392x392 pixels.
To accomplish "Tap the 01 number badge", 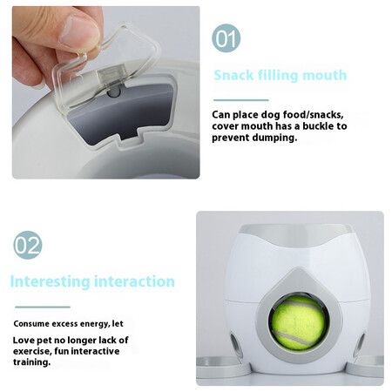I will tap(226, 38).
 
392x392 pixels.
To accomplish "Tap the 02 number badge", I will tap(27, 245).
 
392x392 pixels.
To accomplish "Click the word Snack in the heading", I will tap(234, 75).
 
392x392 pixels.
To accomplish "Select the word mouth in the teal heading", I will tap(322, 75).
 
